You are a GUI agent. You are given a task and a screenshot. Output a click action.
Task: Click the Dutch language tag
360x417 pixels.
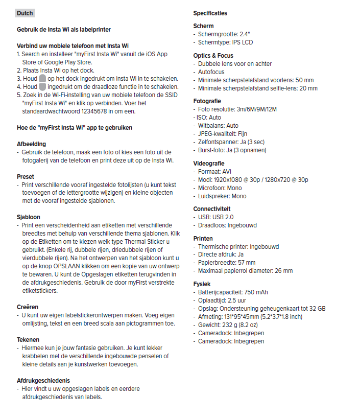tap(25, 13)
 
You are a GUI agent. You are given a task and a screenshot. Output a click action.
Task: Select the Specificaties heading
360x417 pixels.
tap(210, 13)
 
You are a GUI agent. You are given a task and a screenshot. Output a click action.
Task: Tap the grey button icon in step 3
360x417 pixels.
tap(43, 78)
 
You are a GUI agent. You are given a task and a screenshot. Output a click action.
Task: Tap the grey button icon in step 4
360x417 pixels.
tap(43, 87)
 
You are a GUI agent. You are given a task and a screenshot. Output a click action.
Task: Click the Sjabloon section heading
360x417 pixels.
tap(28, 217)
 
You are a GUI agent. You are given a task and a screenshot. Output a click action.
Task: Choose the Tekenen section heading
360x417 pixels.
tap(28, 339)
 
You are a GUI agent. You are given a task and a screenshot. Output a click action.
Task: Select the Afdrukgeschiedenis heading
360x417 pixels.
tap(43, 380)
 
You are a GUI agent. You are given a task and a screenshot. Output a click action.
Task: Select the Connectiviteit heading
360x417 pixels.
tap(212, 208)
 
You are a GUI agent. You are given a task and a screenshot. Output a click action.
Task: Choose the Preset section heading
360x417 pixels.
tap(26, 176)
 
